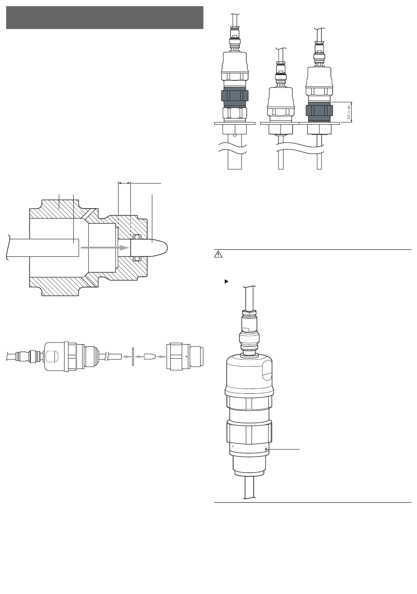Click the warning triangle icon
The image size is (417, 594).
pyautogui.click(x=218, y=255)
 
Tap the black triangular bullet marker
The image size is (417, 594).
pyautogui.click(x=226, y=281)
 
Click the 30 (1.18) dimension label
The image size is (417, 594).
pyautogui.click(x=349, y=112)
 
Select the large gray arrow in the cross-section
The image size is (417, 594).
pyautogui.click(x=105, y=248)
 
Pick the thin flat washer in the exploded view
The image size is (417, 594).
pyautogui.click(x=133, y=356)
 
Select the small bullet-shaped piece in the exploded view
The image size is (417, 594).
pyautogui.click(x=149, y=356)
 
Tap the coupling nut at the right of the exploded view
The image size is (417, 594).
pyautogui.click(x=185, y=356)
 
